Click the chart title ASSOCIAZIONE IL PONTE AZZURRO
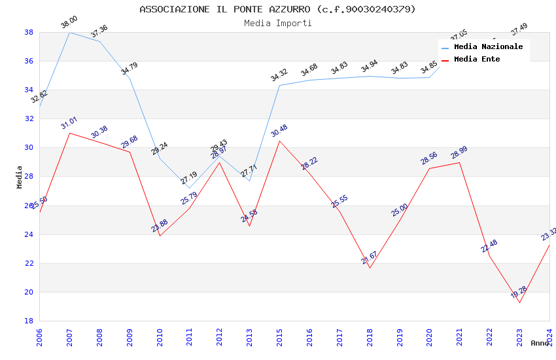(x=277, y=9)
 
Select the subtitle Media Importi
(x=277, y=23)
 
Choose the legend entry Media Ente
(x=477, y=59)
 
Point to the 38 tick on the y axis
(x=29, y=32)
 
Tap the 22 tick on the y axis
(x=29, y=263)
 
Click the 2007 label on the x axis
(x=69, y=338)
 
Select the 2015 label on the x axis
(x=280, y=338)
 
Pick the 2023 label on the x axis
(x=519, y=338)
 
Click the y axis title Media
(x=20, y=177)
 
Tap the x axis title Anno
(x=540, y=343)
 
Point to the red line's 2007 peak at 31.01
(x=69, y=133)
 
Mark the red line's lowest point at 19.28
(x=519, y=302)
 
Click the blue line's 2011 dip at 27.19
(x=190, y=188)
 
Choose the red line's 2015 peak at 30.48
(x=280, y=141)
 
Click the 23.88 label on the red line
(x=160, y=226)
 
